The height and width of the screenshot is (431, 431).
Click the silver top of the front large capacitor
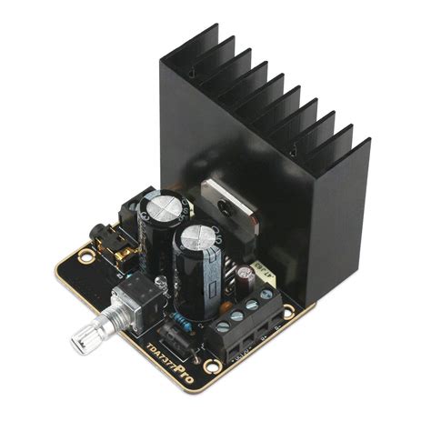[197, 241]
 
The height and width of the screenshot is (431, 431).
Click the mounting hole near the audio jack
[86, 256]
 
